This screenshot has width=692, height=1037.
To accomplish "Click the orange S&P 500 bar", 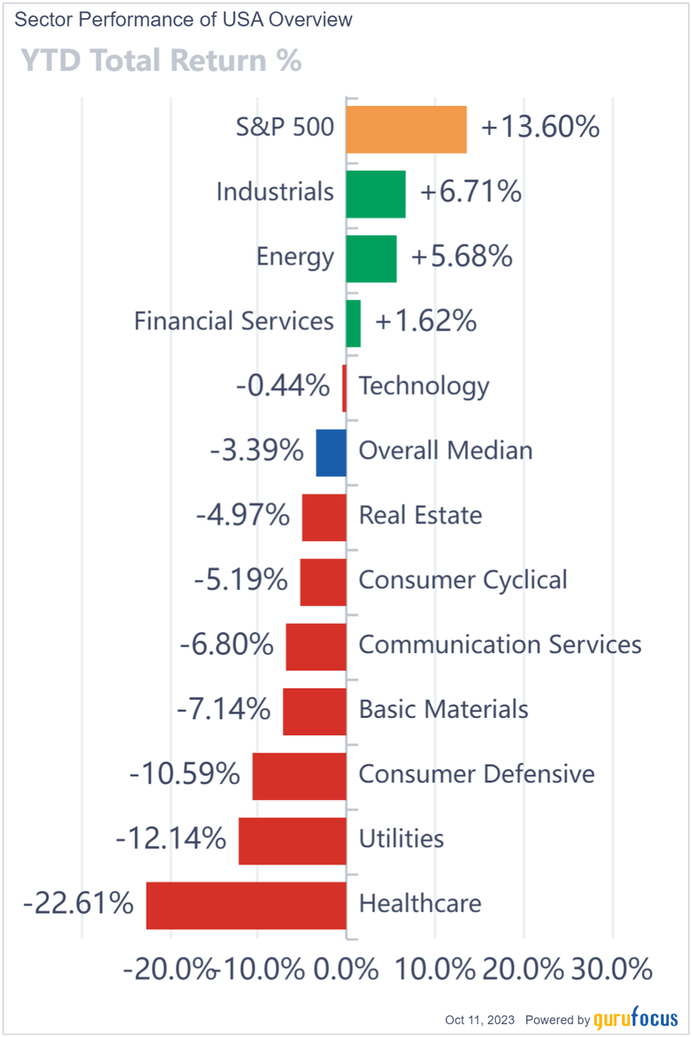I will click(x=406, y=130).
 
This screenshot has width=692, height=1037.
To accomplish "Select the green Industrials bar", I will click(x=375, y=194).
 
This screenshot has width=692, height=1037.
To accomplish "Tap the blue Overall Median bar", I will click(x=331, y=452).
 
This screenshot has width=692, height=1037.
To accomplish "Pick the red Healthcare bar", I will click(x=246, y=905).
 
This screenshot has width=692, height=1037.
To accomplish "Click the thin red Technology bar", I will click(x=344, y=388).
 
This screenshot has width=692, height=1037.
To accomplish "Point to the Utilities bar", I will click(x=292, y=841).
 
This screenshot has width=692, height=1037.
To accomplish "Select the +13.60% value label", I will click(x=540, y=127).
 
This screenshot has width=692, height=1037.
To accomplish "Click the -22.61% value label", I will click(x=79, y=903).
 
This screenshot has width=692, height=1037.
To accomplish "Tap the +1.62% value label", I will click(x=426, y=321).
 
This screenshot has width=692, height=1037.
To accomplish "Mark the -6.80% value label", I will click(x=227, y=644).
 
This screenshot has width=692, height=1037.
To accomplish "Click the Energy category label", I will click(x=295, y=257).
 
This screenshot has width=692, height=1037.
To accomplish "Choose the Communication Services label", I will click(x=499, y=644).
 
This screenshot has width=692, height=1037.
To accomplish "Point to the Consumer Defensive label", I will click(x=476, y=774).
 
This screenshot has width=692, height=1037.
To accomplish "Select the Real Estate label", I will click(x=420, y=515).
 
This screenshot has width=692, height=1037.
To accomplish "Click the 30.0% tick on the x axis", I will click(x=611, y=969).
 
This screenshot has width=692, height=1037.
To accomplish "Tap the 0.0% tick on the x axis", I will click(x=346, y=969).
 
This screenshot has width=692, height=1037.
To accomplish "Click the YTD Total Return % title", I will click(x=161, y=61).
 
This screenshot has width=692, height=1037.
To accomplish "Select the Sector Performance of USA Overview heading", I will click(x=183, y=19).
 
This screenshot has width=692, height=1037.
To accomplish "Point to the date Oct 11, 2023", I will click(x=479, y=1020).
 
